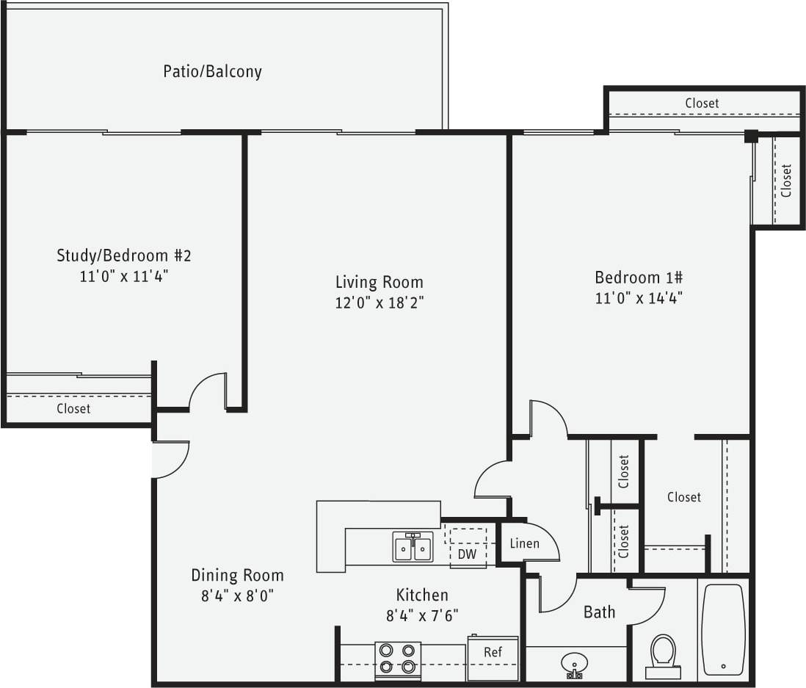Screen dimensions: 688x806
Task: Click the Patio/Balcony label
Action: pyautogui.click(x=212, y=71)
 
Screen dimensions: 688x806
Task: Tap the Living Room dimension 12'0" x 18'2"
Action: pyautogui.click(x=380, y=303)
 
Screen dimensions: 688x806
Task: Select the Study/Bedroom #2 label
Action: pyautogui.click(x=124, y=256)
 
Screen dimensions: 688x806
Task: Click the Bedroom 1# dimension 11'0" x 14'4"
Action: pyautogui.click(x=639, y=298)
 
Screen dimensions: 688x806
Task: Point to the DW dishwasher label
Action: pyautogui.click(x=467, y=554)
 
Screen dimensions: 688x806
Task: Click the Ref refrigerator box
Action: pyautogui.click(x=493, y=652)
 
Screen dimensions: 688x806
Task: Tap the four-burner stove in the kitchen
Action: pyautogui.click(x=398, y=658)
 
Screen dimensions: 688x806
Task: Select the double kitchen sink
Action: pyautogui.click(x=413, y=547)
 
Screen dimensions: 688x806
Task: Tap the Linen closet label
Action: pyautogui.click(x=524, y=543)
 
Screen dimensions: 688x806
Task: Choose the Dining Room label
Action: pyautogui.click(x=237, y=575)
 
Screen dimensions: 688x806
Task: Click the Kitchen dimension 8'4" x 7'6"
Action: pyautogui.click(x=422, y=615)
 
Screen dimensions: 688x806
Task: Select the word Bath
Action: pyautogui.click(x=599, y=612)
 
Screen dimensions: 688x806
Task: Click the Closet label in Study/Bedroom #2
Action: pyautogui.click(x=73, y=408)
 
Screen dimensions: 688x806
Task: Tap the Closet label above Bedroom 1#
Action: pyautogui.click(x=702, y=104)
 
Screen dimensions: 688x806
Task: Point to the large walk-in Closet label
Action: pyautogui.click(x=683, y=497)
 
